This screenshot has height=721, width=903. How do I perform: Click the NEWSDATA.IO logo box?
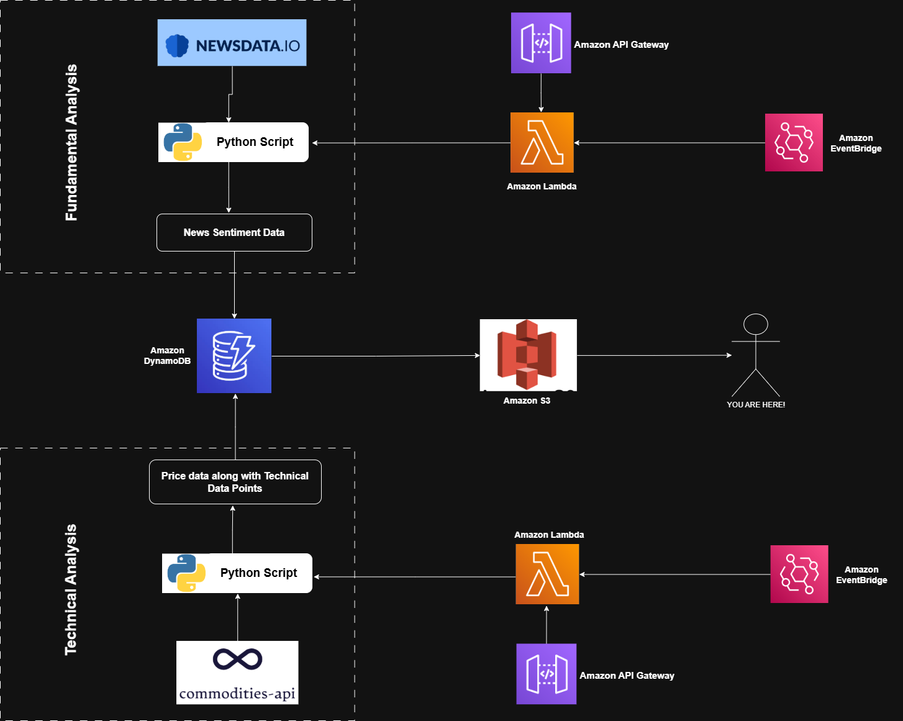[x=232, y=43]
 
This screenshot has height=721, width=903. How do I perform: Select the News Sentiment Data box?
[x=234, y=232]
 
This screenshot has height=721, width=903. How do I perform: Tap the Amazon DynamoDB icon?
[x=234, y=356]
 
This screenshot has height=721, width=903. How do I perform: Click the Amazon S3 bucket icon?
[x=528, y=355]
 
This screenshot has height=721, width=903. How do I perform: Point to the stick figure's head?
[x=756, y=324]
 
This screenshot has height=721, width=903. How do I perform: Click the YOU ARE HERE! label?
[x=756, y=405]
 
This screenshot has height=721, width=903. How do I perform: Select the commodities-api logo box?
[x=237, y=673]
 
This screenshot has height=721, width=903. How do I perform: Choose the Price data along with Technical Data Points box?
[x=235, y=482]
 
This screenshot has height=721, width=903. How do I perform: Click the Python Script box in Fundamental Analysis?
[x=234, y=142]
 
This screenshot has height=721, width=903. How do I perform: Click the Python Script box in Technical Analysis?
[x=237, y=573]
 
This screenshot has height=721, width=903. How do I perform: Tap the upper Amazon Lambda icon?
[x=542, y=143]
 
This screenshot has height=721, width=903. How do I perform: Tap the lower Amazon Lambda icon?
[x=547, y=574]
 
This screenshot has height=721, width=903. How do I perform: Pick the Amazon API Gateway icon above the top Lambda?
[x=541, y=43]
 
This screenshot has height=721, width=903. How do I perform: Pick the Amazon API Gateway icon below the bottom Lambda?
[x=547, y=674]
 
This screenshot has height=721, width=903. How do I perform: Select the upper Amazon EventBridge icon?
[x=794, y=142]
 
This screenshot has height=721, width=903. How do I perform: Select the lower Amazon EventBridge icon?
[x=799, y=574]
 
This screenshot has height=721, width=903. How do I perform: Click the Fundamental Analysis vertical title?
[x=71, y=142]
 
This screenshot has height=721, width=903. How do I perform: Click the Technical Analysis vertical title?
[x=71, y=589]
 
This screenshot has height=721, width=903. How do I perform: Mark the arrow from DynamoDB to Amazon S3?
[x=375, y=356]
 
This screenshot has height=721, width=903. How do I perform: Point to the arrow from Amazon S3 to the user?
[x=654, y=355]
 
